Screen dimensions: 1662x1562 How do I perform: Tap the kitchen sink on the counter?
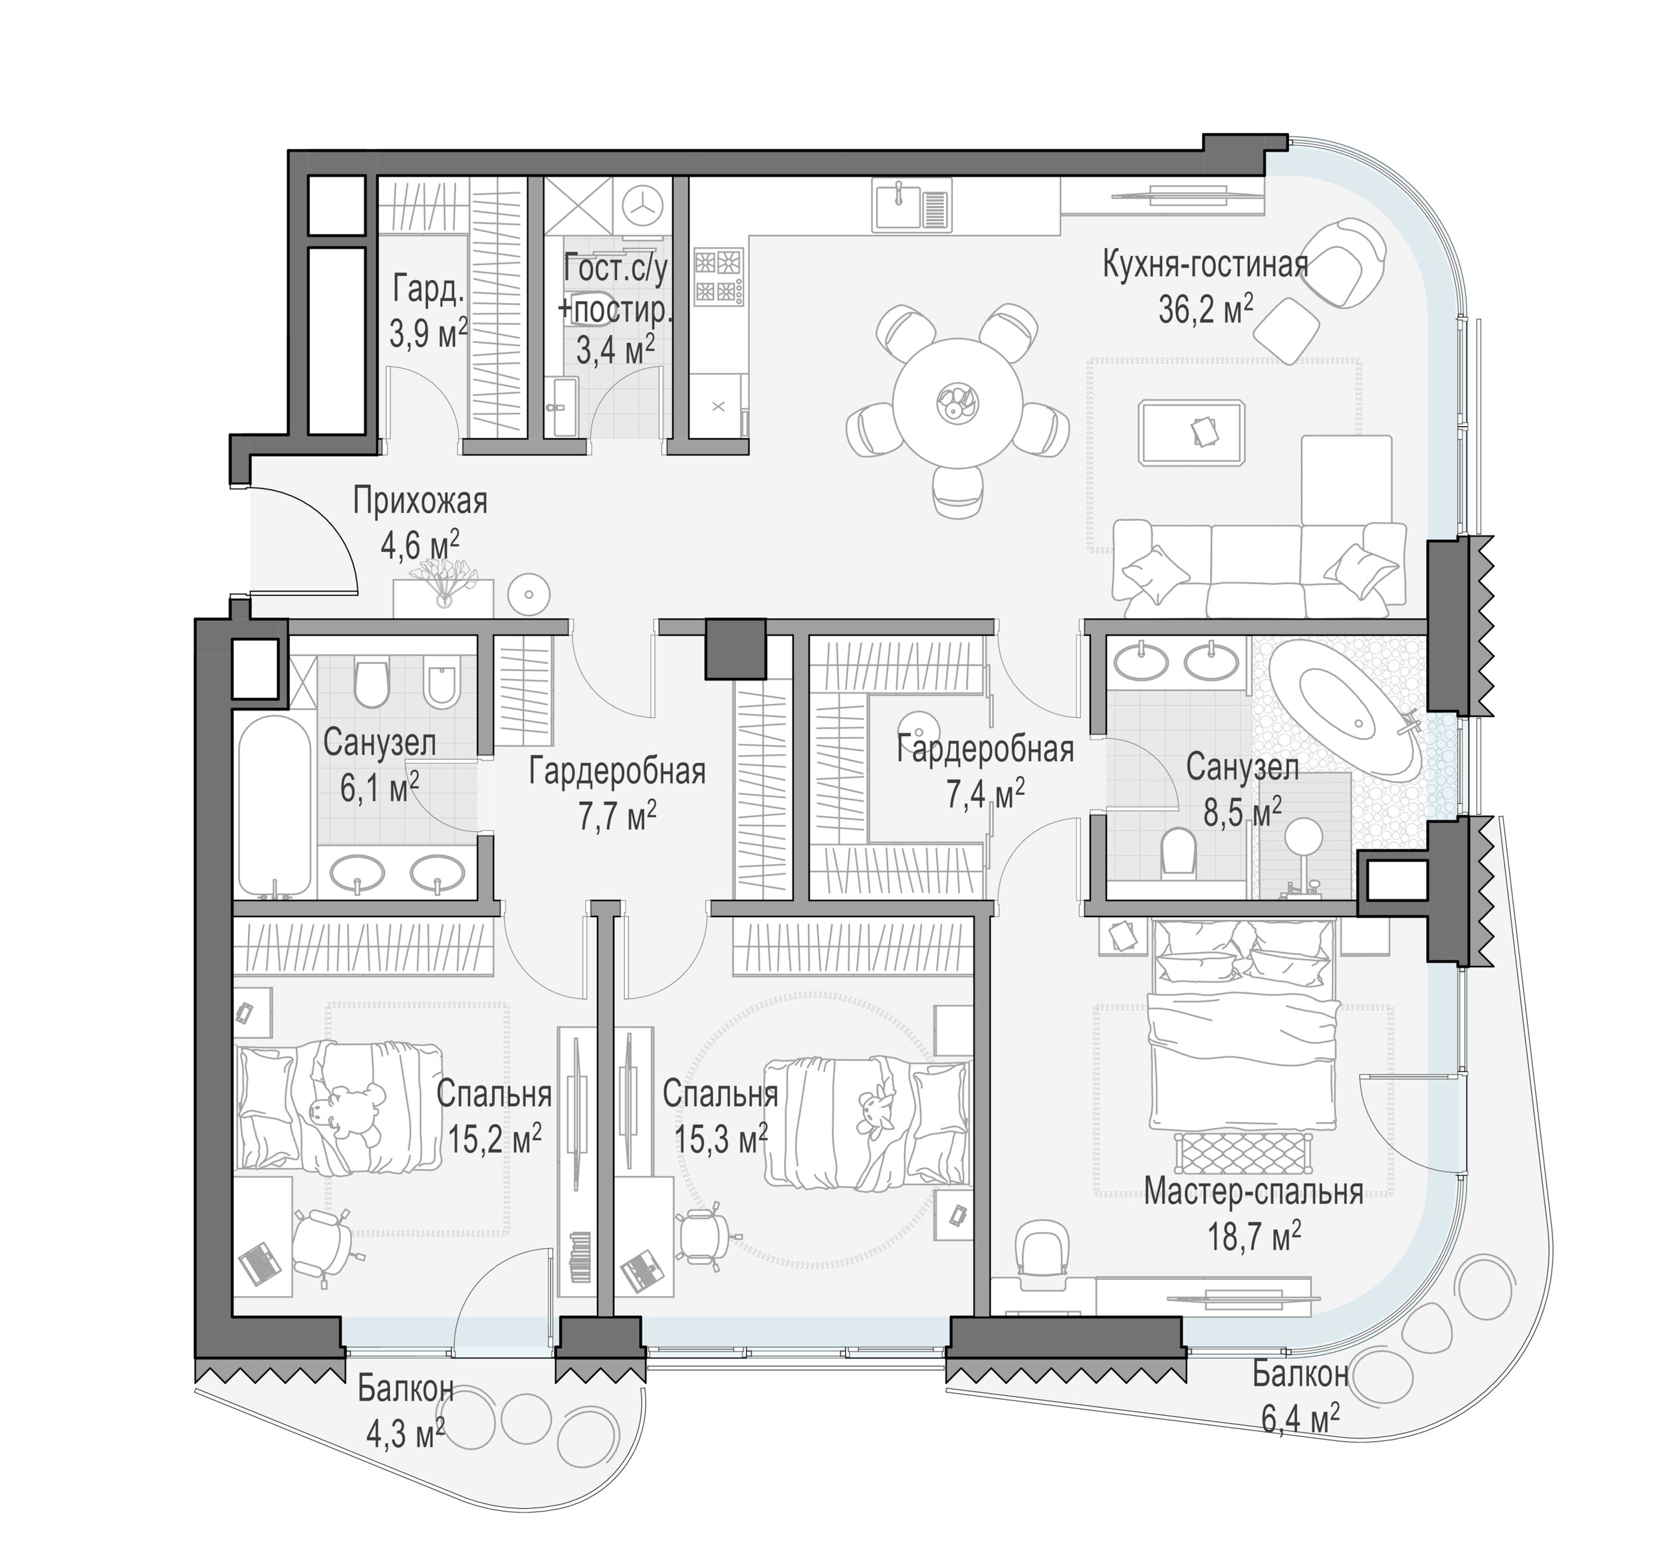(913, 205)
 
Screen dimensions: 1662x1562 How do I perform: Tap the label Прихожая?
(421, 501)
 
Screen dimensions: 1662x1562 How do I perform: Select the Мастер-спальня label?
(1253, 1191)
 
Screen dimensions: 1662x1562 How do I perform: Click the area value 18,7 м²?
(1253, 1234)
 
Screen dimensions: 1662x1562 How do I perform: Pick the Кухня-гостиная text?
(1205, 266)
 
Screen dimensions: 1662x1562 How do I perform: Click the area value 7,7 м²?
(618, 816)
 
